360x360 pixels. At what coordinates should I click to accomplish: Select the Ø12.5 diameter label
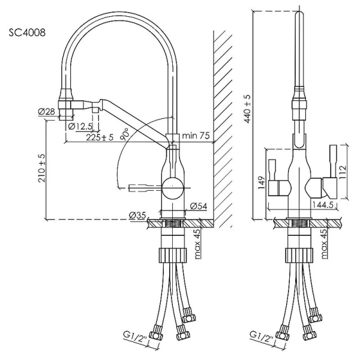(x=80, y=126)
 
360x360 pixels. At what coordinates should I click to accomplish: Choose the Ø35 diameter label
(x=137, y=214)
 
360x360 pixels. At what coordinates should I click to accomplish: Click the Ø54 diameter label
(x=199, y=206)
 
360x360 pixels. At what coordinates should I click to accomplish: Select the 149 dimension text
(x=261, y=182)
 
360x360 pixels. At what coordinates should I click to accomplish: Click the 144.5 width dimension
(x=323, y=205)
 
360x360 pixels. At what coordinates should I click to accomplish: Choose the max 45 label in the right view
(x=325, y=243)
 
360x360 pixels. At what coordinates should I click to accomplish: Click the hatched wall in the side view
(x=223, y=120)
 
